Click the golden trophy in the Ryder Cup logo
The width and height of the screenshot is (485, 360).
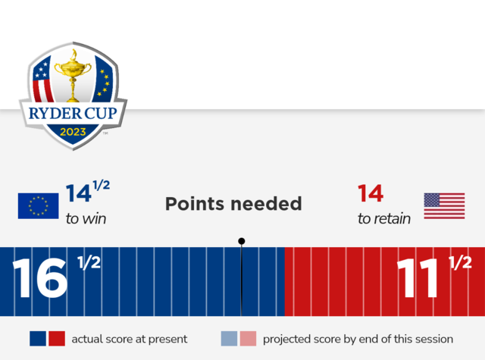coord(73,76)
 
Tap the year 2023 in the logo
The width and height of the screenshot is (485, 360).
coord(73,132)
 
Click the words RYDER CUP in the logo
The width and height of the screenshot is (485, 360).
coord(73,113)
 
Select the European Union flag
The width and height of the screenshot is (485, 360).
coord(39,206)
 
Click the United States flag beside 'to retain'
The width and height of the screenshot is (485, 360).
coord(444,206)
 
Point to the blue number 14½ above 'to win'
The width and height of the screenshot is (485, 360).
coord(88,192)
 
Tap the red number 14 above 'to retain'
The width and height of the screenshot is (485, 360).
coord(371,193)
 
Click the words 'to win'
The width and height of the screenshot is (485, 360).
coord(86,219)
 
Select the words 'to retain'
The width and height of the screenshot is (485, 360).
coord(384,219)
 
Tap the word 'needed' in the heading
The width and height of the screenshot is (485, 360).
coord(266,204)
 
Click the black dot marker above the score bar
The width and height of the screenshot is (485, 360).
coord(242,241)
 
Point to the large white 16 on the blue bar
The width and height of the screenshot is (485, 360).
coord(40,277)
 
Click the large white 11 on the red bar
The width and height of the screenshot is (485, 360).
coord(418,277)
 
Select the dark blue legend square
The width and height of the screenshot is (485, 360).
coord(38,338)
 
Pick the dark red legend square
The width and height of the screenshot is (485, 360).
coord(57,338)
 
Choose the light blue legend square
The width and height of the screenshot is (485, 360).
coord(229,338)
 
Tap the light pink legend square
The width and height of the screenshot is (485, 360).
coord(248,338)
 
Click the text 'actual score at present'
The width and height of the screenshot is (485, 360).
coord(130,339)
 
